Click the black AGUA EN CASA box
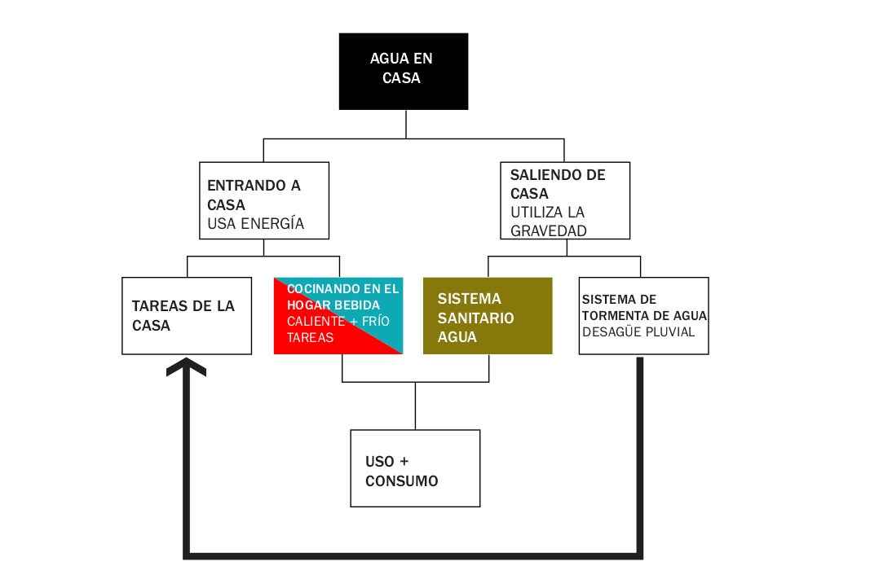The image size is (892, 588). click(x=404, y=71)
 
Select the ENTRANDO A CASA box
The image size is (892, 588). click(x=264, y=200)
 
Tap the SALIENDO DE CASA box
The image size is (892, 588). click(x=565, y=200)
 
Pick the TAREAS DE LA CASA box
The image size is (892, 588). click(x=187, y=316)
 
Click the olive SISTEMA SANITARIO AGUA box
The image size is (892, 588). click(x=488, y=316)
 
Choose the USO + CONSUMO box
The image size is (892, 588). click(x=415, y=468)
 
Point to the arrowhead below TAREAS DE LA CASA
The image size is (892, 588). click(x=186, y=367)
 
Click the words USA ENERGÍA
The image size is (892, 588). click(x=255, y=224)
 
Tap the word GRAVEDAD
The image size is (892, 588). click(x=549, y=230)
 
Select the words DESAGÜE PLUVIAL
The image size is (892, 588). click(x=638, y=331)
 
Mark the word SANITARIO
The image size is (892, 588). click(x=475, y=318)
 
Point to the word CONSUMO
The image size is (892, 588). click(x=402, y=481)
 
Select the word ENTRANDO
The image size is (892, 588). click(x=246, y=186)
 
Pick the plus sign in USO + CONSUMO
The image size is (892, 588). click(x=404, y=461)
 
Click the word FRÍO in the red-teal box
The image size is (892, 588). click(x=375, y=322)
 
